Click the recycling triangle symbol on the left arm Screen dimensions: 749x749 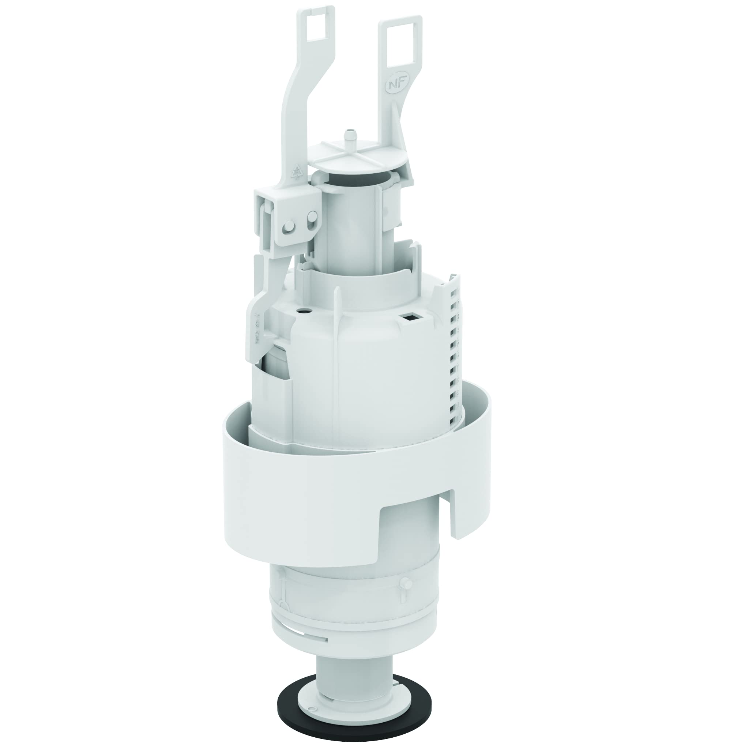(297, 170)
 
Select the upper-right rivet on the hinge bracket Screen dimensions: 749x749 (312, 214)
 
